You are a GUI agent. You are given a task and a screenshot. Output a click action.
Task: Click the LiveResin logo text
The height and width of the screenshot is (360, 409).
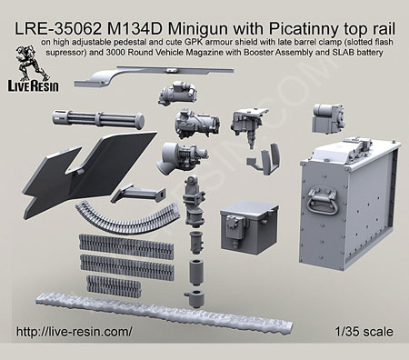coord(33,86)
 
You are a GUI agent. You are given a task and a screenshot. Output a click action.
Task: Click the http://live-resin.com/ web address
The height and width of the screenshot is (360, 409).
coord(75,332)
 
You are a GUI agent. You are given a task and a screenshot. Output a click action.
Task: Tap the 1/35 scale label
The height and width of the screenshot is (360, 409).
coord(364,332)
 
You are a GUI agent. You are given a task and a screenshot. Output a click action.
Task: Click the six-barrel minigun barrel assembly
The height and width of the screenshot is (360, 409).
coord(98,119)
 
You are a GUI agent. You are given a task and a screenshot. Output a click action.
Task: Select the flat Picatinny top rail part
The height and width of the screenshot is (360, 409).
coord(154,76)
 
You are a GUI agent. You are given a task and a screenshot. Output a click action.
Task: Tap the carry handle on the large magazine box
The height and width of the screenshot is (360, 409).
coord(322,200)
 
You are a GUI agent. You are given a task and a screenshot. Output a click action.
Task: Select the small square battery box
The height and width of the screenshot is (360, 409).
coord(249,227)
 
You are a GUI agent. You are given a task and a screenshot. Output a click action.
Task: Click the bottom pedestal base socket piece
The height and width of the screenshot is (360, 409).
coord(195,298)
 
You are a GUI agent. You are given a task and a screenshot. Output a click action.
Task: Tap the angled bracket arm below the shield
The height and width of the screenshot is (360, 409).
coord(138,194)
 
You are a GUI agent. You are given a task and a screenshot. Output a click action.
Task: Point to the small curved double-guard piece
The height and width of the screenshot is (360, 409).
coord(264,159)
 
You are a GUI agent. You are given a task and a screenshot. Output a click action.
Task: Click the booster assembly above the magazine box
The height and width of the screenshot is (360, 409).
coord(329,120)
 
